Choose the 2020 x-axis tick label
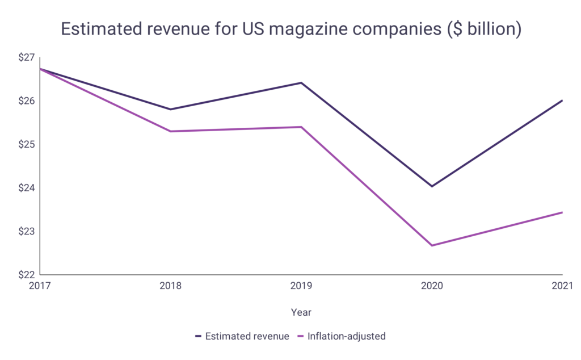[x=432, y=286]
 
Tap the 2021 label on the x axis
[x=561, y=286]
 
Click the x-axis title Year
[x=301, y=312]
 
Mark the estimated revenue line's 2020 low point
[x=432, y=186]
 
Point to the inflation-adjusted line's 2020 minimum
[x=432, y=245]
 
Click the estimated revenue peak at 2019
[x=301, y=83]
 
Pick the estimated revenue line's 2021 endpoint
[x=562, y=101]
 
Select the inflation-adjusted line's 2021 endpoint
[x=562, y=212]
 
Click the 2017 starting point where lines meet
[x=40, y=69]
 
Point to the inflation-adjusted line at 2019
[x=301, y=127]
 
